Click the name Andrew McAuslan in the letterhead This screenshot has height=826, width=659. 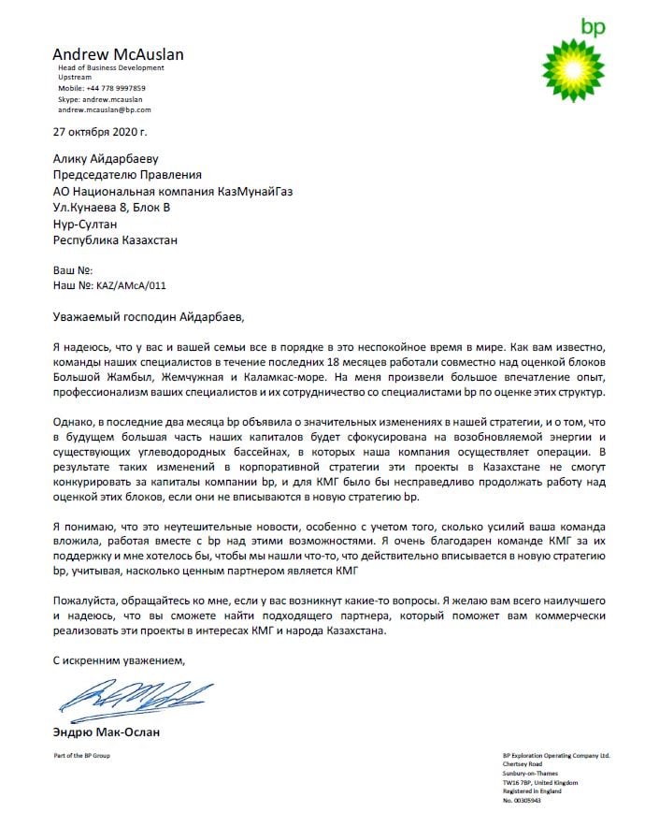[118, 54]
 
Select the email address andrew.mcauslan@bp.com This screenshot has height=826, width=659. [104, 109]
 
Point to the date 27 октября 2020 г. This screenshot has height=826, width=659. [100, 133]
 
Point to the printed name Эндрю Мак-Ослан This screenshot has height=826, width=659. [106, 732]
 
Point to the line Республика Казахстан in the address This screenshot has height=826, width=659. [115, 240]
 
